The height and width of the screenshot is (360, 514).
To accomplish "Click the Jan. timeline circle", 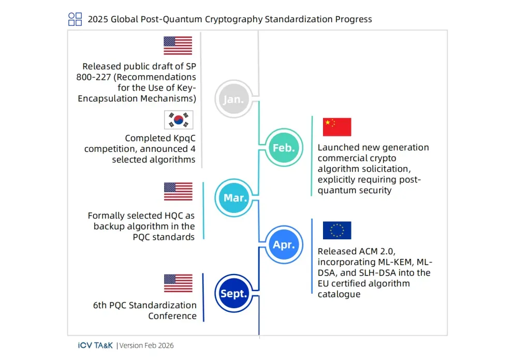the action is point(234,99).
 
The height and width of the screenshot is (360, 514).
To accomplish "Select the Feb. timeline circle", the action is point(284,147).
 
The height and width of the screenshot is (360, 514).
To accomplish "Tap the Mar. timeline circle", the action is point(234,197).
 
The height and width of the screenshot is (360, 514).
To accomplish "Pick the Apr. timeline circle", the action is point(284,244).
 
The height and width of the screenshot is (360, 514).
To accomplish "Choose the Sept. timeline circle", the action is point(234,293).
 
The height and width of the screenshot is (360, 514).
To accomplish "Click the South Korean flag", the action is point(179,120).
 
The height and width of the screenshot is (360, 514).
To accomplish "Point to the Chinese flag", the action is point(337,127).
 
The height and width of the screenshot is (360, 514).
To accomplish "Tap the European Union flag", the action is point(337,231).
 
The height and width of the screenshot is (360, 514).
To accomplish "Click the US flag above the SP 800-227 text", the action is point(178,46).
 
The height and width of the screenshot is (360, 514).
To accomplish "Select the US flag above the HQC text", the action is point(179,191).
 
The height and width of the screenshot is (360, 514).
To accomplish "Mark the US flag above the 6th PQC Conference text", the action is point(179,283).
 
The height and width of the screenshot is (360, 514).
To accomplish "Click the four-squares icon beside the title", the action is point(75,19).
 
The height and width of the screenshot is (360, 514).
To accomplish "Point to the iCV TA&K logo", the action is point(95,345).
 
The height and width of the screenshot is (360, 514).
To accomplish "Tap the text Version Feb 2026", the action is point(146,345).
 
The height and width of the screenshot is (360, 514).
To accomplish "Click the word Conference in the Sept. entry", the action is point(172,316).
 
